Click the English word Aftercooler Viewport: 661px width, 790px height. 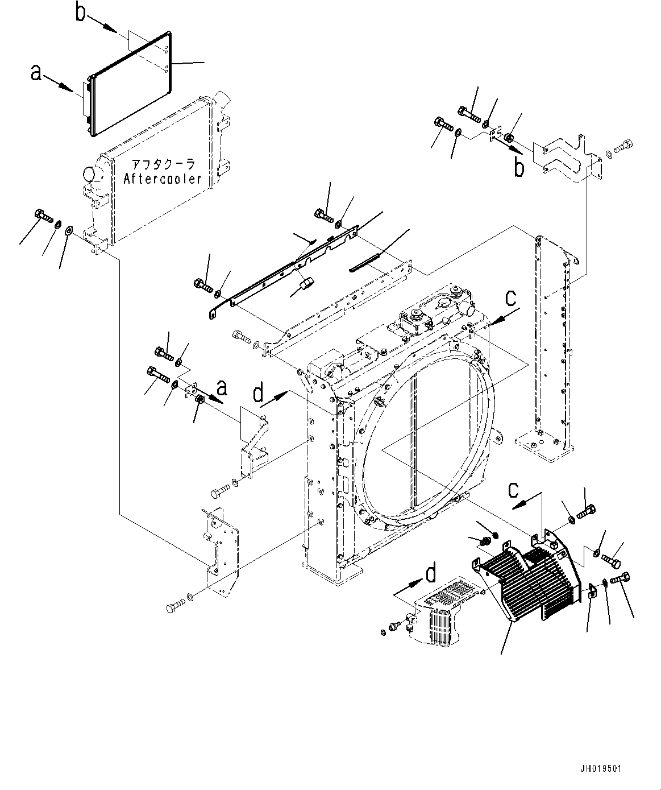click(163, 179)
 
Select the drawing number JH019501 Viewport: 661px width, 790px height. click(601, 769)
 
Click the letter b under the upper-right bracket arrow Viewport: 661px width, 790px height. click(519, 168)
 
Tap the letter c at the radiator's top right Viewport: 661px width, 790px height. click(512, 297)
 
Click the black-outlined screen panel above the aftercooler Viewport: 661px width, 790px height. click(130, 82)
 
